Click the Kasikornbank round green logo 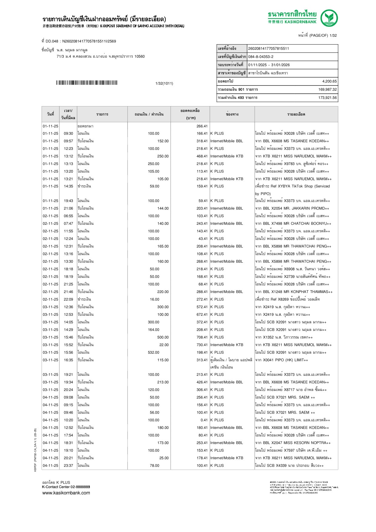pos(329,18)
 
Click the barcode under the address pos(86,83)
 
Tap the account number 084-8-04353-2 pos(261,57)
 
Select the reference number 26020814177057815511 pos(269,49)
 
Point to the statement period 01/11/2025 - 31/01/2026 pos(269,65)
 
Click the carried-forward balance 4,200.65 pos(329,81)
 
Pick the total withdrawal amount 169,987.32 pos(327,89)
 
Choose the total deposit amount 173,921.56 pos(327,98)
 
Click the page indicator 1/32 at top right pos(333,35)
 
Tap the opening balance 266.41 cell pos(202,126)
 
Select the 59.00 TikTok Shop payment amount pos(154,186)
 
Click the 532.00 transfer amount pos(154,352)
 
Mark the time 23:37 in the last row pos(68,466)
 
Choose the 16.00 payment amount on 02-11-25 pos(154,299)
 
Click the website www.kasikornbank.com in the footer pos(66,493)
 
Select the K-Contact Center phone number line pos(66,487)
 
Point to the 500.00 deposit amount pos(163,337)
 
